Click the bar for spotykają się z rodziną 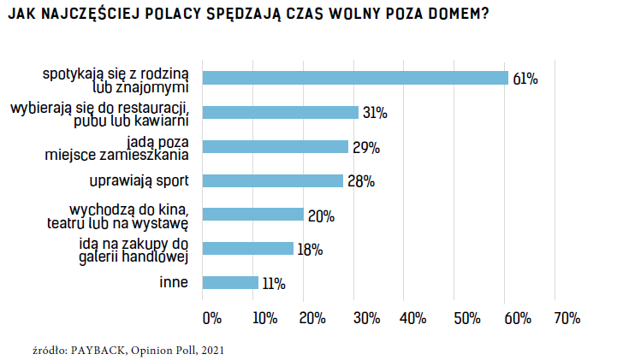pos(354,78)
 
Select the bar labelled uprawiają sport pos(272,180)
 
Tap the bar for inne pos(229,282)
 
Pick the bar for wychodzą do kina pos(252,215)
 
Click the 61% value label pos(525,79)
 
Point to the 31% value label pos(375,113)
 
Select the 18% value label pos(310,250)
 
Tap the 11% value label pos(274,283)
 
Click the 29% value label pos(365,147)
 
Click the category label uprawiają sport pos(139,180)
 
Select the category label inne pos(174,282)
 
